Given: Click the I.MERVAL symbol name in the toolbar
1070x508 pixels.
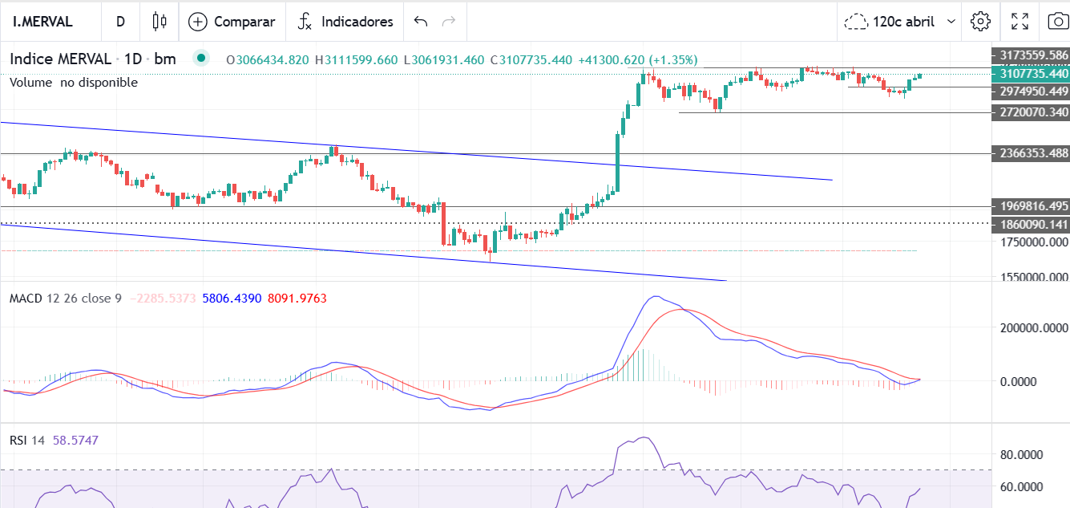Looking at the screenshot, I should click(42, 22).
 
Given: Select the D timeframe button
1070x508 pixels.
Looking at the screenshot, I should click(120, 22).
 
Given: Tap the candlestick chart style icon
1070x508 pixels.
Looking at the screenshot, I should click(159, 22).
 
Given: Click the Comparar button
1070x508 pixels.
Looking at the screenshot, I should click(232, 22).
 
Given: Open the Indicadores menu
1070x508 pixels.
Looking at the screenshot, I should click(345, 22).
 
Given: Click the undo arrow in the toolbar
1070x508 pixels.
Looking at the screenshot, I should click(421, 22).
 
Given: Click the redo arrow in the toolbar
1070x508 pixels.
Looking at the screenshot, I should click(449, 22).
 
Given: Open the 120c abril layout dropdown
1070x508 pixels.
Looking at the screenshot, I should click(902, 22).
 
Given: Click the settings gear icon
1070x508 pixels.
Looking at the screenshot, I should click(980, 22).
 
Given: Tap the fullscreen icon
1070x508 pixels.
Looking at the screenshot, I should click(1020, 22).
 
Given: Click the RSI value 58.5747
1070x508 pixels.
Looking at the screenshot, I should click(75, 441).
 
